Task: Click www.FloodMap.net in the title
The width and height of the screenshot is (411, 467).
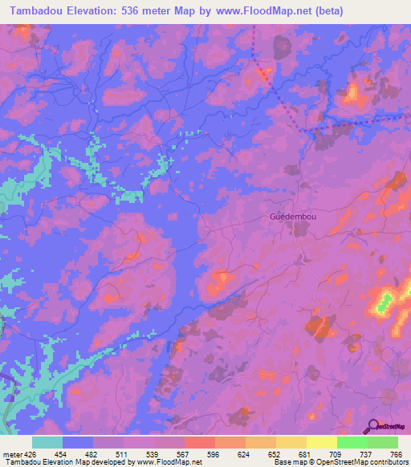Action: (262, 11)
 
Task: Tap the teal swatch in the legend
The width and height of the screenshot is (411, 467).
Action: (47, 442)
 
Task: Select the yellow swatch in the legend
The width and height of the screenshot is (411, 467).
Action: (321, 442)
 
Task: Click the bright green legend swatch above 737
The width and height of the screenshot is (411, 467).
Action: (352, 442)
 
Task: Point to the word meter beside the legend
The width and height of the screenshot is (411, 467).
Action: (12, 453)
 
